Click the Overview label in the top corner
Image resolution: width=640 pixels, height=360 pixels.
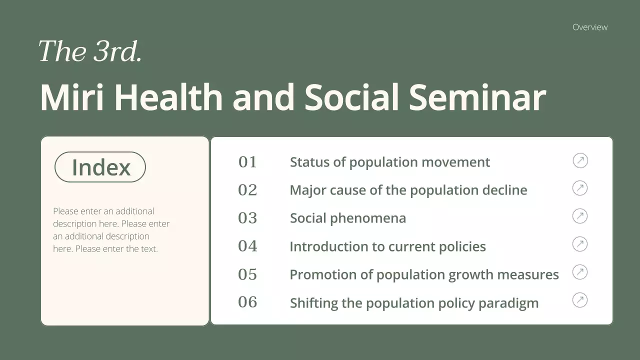(590, 27)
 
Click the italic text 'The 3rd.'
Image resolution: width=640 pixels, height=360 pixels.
(90, 51)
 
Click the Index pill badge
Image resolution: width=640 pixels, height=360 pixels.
(100, 167)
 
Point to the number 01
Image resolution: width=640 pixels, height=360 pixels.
(247, 162)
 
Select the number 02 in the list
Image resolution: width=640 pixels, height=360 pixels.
(247, 190)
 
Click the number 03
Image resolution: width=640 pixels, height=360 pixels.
(247, 218)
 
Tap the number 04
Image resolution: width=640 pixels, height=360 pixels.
(247, 246)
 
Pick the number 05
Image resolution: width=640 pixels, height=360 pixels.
(247, 274)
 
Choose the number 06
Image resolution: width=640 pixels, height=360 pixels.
(247, 302)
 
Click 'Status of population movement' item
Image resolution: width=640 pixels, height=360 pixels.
(390, 162)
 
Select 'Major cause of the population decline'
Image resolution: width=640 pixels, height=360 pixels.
(408, 190)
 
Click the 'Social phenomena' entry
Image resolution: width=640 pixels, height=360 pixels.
(348, 218)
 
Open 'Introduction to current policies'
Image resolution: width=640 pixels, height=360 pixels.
(387, 246)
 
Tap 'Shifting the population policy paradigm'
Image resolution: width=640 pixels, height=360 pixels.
(414, 303)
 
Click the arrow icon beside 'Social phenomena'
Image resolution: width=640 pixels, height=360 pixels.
(580, 216)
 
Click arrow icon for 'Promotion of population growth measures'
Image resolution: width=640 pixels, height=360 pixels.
(580, 272)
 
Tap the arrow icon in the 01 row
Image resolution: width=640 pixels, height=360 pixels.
(580, 160)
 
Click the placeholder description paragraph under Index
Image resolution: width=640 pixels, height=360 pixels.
(111, 230)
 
